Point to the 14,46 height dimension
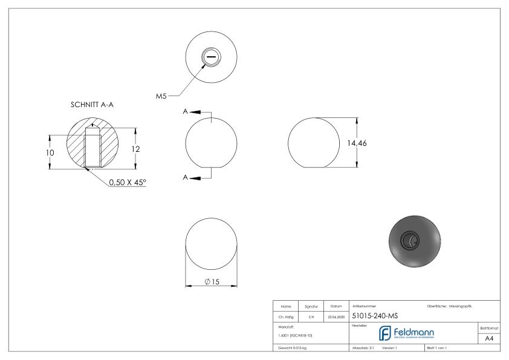pyautogui.click(x=357, y=143)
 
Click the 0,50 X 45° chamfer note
pyautogui.click(x=128, y=182)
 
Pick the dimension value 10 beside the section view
pyautogui.click(x=50, y=152)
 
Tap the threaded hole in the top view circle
pyautogui.click(x=211, y=57)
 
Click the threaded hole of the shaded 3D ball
pyautogui.click(x=412, y=240)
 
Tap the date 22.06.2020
pyautogui.click(x=336, y=316)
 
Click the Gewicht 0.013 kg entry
pyautogui.click(x=293, y=348)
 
